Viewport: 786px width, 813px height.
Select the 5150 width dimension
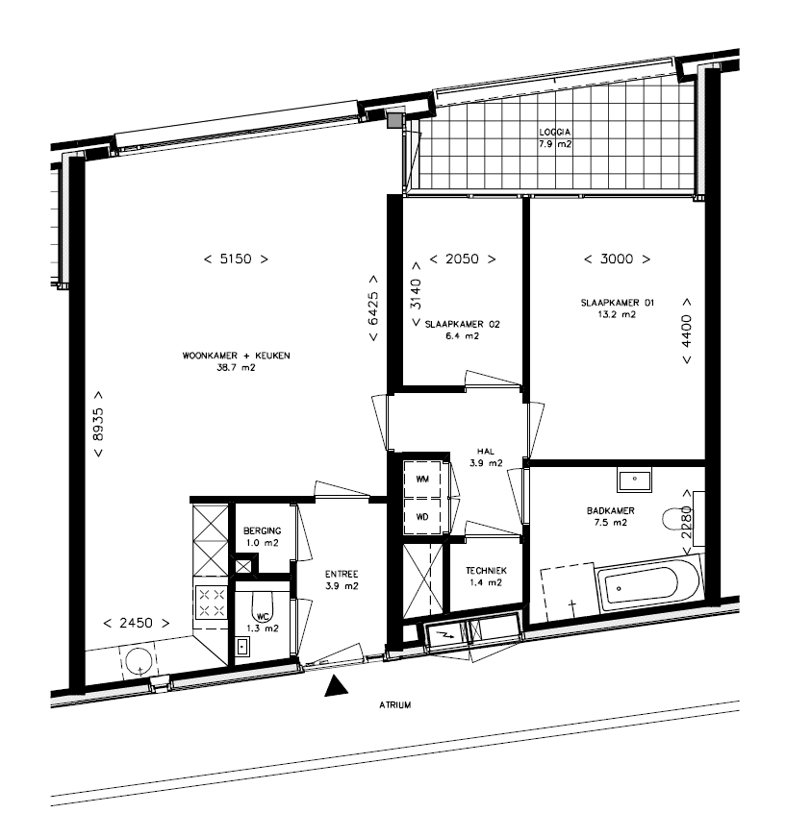237,259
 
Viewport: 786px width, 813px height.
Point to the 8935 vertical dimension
97,424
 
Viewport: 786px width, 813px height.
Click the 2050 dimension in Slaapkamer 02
463,259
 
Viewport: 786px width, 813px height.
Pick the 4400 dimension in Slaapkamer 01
686,331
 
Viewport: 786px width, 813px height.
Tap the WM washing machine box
422,480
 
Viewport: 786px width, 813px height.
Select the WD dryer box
422,516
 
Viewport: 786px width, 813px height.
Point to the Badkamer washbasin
634,480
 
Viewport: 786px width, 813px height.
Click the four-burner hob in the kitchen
212,603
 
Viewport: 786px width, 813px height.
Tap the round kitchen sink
139,660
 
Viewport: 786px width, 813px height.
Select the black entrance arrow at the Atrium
336,685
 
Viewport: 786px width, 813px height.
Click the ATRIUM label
395,705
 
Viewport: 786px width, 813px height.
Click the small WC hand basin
242,647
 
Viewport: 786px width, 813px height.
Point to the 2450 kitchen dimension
137,623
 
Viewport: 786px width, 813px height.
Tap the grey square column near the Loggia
395,120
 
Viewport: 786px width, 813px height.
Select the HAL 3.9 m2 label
486,457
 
